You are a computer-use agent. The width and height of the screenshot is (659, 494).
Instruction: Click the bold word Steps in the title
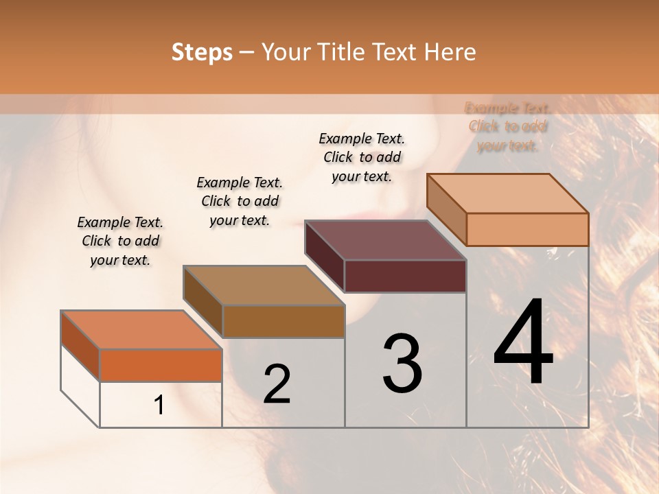[202, 52]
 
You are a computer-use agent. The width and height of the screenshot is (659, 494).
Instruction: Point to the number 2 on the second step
[277, 384]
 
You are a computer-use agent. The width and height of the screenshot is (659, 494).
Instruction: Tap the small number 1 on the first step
[159, 405]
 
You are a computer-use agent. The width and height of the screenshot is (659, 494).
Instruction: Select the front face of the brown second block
[284, 321]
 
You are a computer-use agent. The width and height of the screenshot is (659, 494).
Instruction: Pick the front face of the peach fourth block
[527, 229]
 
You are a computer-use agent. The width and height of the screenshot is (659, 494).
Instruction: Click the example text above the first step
[120, 241]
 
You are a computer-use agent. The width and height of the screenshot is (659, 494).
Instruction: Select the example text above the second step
[240, 201]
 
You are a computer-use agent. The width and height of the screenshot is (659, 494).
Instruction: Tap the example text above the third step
[362, 157]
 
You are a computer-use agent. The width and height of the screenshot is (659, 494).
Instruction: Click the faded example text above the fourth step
[507, 126]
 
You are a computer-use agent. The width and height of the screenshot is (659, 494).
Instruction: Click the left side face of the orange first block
[80, 346]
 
